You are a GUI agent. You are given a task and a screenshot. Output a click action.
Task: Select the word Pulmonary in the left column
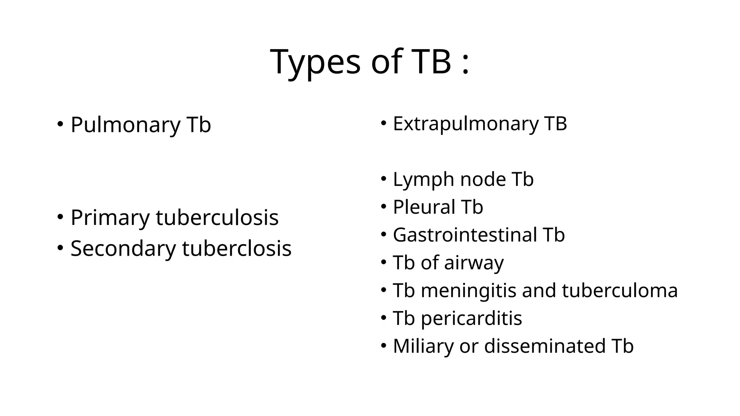coord(125,125)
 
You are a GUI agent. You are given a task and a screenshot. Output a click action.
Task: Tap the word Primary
coord(110,218)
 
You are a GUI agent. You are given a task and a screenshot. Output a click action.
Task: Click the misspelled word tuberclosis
coord(237,248)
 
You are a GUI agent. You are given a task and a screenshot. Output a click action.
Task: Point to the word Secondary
coord(123,248)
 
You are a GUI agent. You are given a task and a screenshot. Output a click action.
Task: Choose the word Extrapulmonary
coord(465,123)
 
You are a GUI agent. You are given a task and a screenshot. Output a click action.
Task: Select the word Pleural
coord(424,207)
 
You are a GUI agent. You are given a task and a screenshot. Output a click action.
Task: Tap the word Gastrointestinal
coord(465,235)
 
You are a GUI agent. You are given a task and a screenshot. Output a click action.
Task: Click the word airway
coord(473,263)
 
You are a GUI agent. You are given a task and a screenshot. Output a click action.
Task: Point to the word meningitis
coord(468,290)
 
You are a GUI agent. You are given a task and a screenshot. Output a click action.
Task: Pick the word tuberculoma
coord(620,290)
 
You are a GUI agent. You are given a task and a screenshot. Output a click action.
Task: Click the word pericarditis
coord(471,318)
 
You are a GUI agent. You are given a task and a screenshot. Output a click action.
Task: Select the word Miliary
coord(423,346)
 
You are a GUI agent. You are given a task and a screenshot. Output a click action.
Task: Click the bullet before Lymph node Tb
coord(384,179)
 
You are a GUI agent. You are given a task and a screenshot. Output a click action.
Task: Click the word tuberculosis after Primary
coord(217,218)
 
